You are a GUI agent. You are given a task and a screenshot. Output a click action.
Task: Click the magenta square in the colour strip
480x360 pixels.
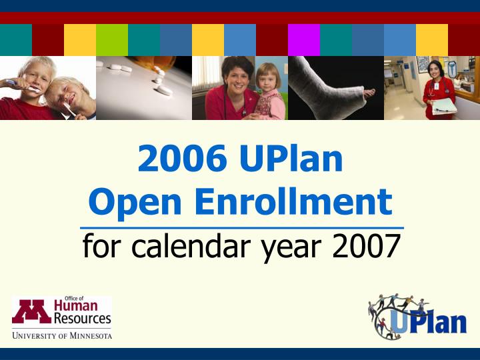pyautogui.click(x=304, y=40)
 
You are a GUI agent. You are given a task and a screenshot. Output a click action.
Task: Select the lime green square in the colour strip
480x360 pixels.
pyautogui.click(x=112, y=40)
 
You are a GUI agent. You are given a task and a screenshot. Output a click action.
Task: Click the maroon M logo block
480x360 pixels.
pyautogui.click(x=31, y=311)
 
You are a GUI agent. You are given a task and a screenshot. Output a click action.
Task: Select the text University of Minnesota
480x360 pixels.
pyautogui.click(x=61, y=335)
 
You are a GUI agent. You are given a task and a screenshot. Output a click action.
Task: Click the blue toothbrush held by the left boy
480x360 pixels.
pyautogui.click(x=13, y=83)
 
